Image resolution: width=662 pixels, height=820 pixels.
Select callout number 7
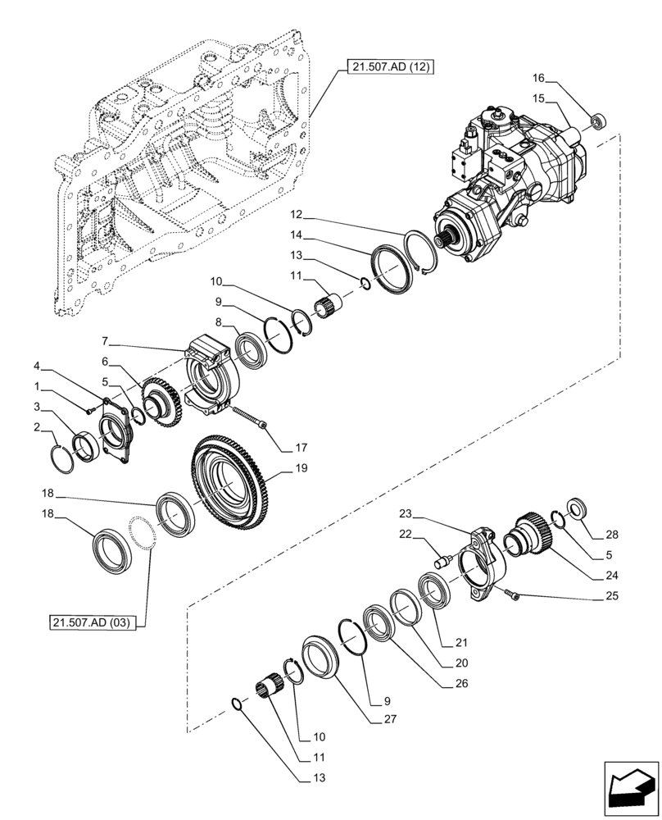coord(106,339)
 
